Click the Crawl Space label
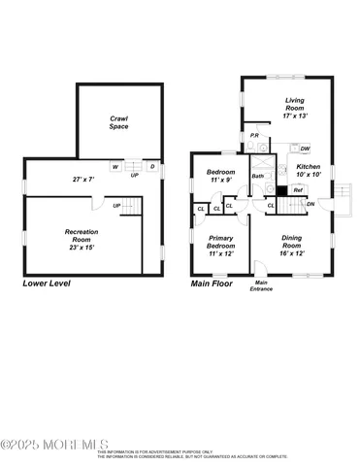[x=118, y=122]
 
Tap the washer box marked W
[x=115, y=167]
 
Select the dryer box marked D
[x=150, y=167]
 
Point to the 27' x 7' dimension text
[x=87, y=180]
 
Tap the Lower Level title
[x=48, y=284]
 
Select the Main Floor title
[x=213, y=284]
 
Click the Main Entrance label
[x=262, y=286]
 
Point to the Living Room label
[x=295, y=108]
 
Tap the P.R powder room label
[x=254, y=135]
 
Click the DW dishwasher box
[x=305, y=149]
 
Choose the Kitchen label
[x=308, y=171]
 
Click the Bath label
[x=258, y=176]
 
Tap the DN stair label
[x=311, y=204]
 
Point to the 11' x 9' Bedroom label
[x=221, y=176]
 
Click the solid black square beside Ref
[x=282, y=189]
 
